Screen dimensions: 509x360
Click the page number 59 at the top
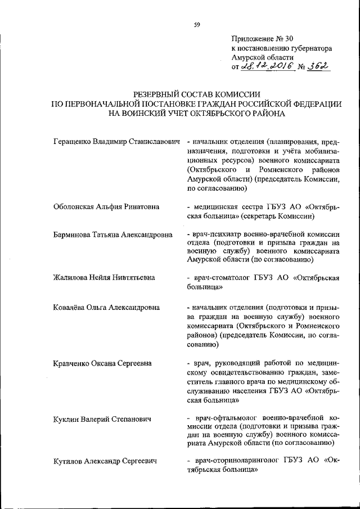click(x=197, y=24)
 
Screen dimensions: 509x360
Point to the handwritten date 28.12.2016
click(x=265, y=67)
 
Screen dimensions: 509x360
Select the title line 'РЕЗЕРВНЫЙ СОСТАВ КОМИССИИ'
click(x=197, y=95)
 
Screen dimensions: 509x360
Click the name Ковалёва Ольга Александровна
click(x=106, y=308)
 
